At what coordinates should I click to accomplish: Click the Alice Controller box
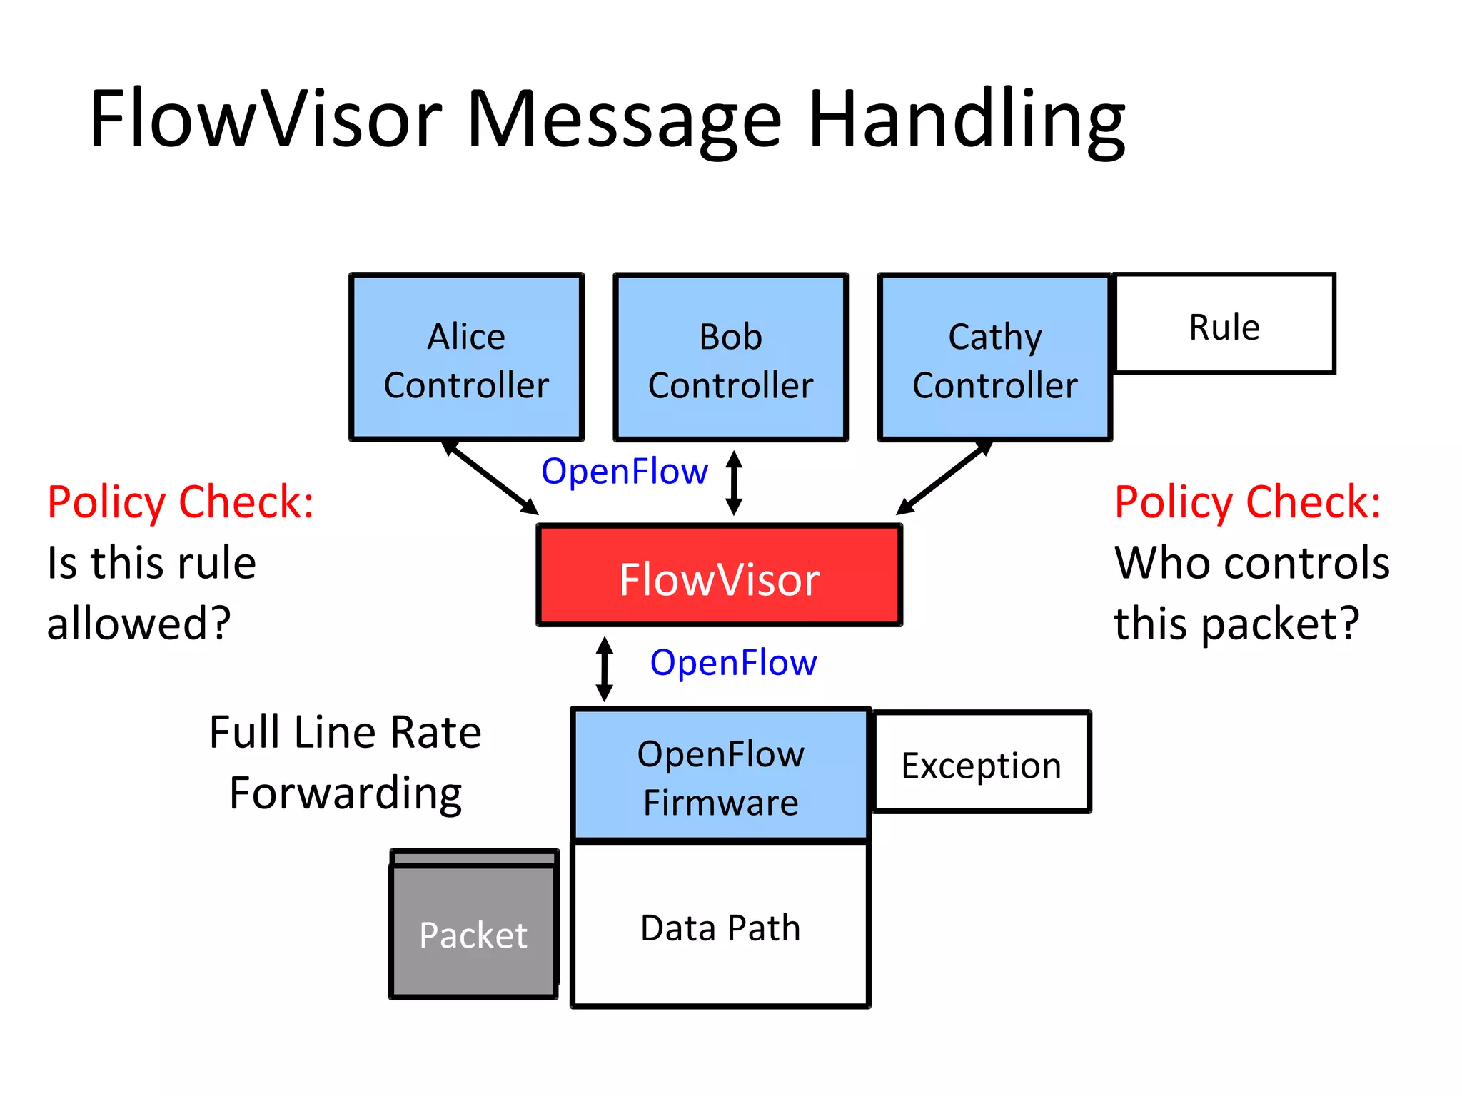pyautogui.click(x=466, y=357)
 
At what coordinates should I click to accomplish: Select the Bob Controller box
pyautogui.click(x=730, y=357)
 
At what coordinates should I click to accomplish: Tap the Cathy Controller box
pyautogui.click(x=994, y=357)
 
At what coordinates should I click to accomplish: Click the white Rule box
pyautogui.click(x=1224, y=324)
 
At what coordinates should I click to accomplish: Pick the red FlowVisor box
pyautogui.click(x=719, y=576)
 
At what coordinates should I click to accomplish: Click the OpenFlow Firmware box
pyautogui.click(x=720, y=776)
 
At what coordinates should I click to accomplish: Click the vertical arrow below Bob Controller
pyautogui.click(x=734, y=483)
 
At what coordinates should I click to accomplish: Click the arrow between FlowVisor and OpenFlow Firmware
pyautogui.click(x=605, y=669)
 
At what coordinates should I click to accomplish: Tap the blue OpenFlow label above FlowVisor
pyautogui.click(x=624, y=472)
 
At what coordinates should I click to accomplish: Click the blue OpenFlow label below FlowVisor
pyautogui.click(x=733, y=663)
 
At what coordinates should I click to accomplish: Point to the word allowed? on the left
pyautogui.click(x=139, y=623)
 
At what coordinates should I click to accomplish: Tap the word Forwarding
pyautogui.click(x=346, y=793)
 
